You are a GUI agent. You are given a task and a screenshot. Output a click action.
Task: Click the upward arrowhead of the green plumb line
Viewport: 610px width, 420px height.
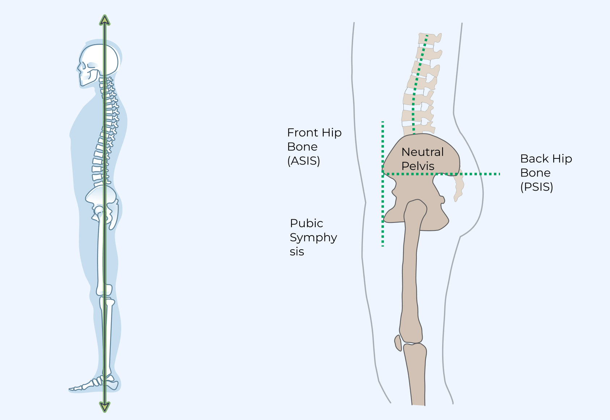pyautogui.click(x=105, y=20)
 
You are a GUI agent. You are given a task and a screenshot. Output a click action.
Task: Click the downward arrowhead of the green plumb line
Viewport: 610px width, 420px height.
pyautogui.click(x=105, y=407)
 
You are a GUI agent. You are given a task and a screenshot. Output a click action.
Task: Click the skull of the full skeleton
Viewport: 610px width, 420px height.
pyautogui.click(x=99, y=60)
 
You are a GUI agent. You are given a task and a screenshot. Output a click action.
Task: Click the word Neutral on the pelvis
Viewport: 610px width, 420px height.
pyautogui.click(x=422, y=152)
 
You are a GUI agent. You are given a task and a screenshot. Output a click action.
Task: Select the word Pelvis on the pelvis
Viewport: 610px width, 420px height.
pyautogui.click(x=418, y=166)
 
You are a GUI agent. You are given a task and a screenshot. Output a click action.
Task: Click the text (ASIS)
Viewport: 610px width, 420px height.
pyautogui.click(x=304, y=161)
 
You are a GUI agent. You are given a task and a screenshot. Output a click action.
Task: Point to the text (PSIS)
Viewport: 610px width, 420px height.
pyautogui.click(x=537, y=187)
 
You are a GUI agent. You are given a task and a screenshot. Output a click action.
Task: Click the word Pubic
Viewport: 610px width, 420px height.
pyautogui.click(x=306, y=223)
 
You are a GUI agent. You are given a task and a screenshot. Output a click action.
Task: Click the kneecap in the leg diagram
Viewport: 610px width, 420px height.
pyautogui.click(x=398, y=343)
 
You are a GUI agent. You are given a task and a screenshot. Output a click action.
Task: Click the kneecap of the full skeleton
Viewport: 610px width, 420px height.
pyautogui.click(x=108, y=290)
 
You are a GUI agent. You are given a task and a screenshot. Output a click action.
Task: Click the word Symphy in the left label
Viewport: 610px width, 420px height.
pyautogui.click(x=313, y=238)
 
